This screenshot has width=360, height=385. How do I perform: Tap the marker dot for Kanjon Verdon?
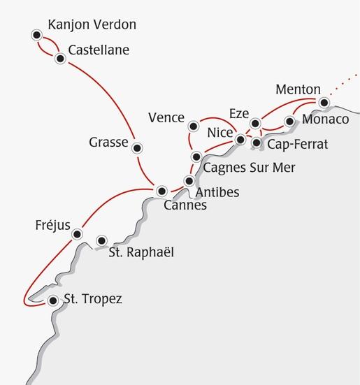(36, 34)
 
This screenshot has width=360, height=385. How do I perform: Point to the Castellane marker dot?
(60, 59)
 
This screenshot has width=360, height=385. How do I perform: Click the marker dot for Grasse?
(138, 147)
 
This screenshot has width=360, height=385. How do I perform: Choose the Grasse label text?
(108, 143)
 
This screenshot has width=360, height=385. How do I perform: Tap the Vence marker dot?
(194, 126)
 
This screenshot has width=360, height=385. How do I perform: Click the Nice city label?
(220, 131)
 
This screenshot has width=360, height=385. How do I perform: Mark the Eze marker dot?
(255, 124)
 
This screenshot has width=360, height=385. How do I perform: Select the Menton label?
(298, 90)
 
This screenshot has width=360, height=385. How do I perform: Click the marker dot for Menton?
(323, 103)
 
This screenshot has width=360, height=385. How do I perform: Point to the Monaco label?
(325, 120)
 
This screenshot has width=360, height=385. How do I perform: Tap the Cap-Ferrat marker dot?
(257, 143)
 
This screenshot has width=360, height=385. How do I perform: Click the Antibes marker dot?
(189, 181)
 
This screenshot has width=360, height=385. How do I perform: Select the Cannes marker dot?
(162, 190)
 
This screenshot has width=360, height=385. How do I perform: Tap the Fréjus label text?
(52, 226)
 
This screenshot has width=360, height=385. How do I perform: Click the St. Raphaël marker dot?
(102, 240)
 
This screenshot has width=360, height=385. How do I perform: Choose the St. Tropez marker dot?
(53, 301)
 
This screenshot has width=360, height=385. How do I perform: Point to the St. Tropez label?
(93, 300)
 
